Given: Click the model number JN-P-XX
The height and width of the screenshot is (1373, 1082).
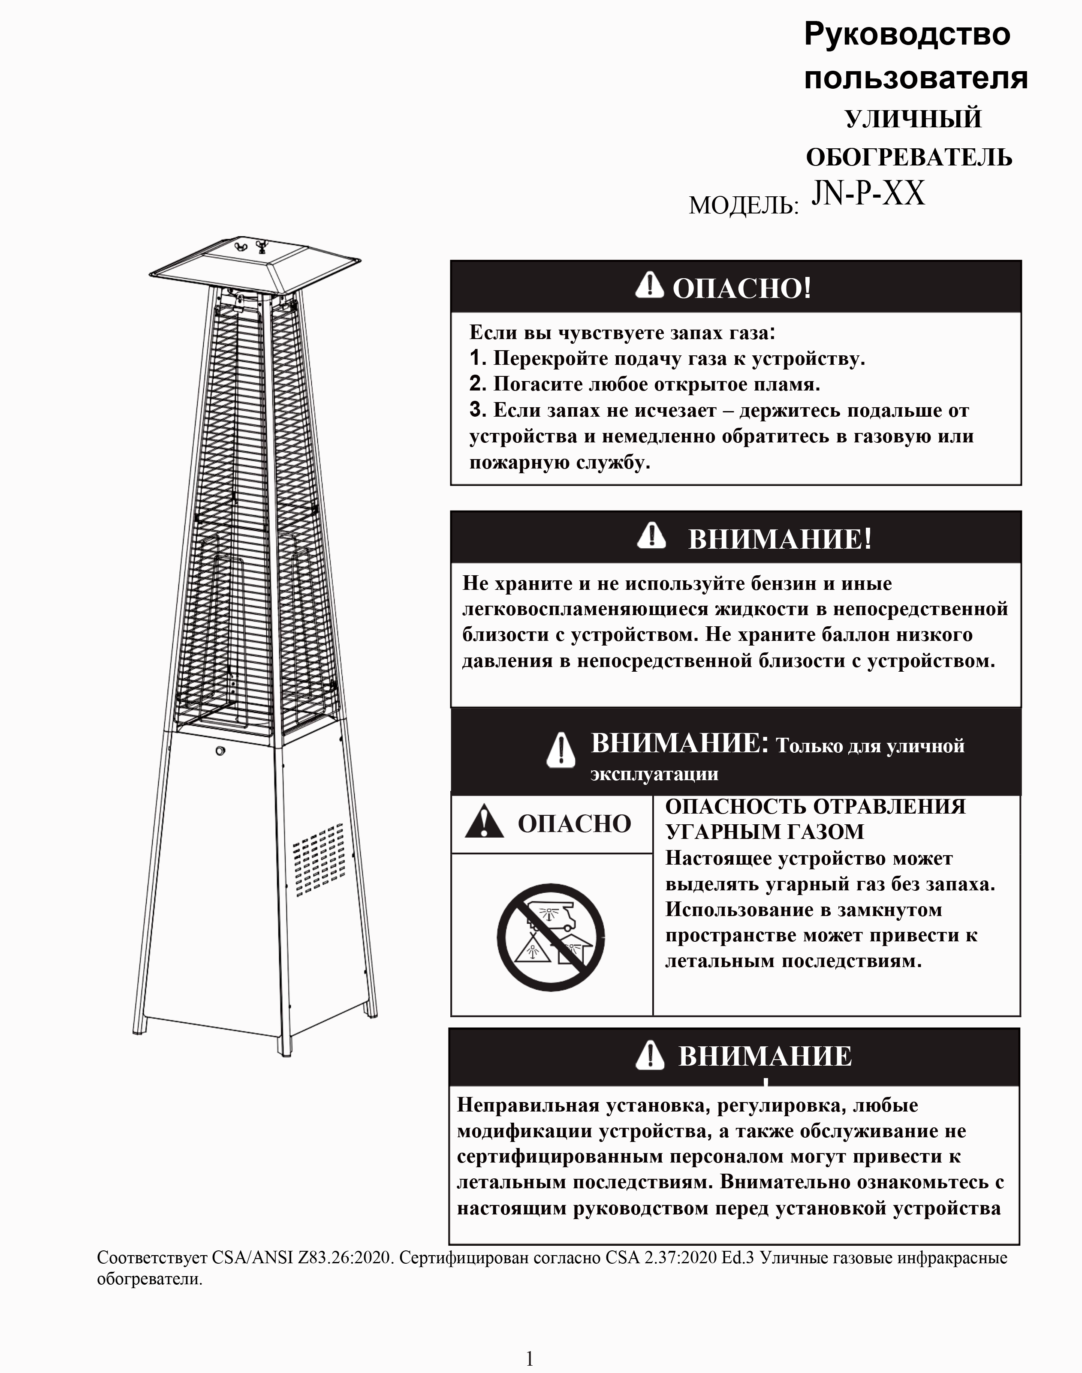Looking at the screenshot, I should [868, 193].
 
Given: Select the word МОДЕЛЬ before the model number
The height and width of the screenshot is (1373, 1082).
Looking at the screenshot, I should [742, 205].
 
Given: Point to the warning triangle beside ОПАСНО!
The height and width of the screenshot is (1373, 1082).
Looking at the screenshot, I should [649, 285].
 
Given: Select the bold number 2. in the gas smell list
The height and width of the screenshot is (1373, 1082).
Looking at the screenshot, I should [478, 384].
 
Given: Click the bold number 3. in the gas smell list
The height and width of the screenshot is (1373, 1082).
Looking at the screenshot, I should [478, 410].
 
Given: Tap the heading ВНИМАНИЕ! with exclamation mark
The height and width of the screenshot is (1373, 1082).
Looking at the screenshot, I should [779, 539].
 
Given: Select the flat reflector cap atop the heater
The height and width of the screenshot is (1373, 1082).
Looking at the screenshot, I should [253, 266].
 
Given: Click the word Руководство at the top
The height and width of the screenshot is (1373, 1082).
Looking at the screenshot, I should [907, 35].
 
